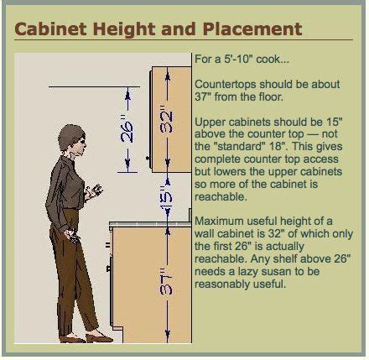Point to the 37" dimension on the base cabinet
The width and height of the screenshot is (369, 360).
tap(167, 284)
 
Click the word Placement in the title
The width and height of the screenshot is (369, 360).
tap(252, 29)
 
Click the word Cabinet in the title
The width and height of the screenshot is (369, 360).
tap(50, 29)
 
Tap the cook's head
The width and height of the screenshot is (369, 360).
tap(72, 138)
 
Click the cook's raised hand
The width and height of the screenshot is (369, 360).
tap(94, 191)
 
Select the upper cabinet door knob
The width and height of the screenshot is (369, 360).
tap(148, 159)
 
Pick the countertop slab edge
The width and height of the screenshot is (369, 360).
tap(150, 224)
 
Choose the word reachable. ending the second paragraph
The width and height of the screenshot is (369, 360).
tap(221, 196)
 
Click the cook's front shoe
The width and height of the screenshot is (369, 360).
tap(99, 338)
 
